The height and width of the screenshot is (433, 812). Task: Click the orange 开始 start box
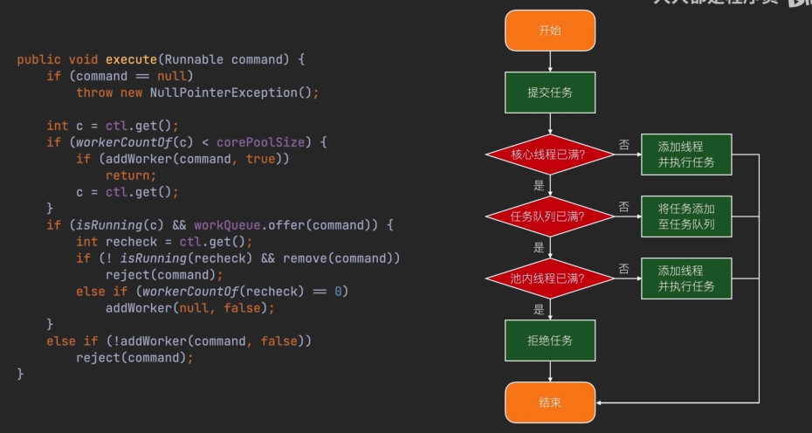click(x=550, y=31)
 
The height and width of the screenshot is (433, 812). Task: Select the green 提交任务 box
click(x=550, y=93)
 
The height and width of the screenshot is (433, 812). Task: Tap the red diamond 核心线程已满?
click(x=550, y=155)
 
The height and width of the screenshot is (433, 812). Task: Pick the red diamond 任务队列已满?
click(x=550, y=216)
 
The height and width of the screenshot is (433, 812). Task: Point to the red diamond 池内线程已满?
click(x=550, y=278)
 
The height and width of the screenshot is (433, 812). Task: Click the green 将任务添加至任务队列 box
click(x=685, y=216)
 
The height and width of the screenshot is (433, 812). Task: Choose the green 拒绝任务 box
click(x=550, y=340)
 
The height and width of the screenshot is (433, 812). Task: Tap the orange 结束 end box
click(x=550, y=402)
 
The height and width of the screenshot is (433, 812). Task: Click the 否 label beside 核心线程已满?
click(x=623, y=145)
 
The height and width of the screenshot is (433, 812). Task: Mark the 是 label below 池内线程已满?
click(x=539, y=309)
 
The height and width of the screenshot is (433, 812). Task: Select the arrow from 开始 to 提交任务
click(x=550, y=61)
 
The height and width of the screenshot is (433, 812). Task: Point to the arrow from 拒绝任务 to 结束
click(x=550, y=372)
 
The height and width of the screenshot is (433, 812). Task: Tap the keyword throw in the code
click(x=94, y=93)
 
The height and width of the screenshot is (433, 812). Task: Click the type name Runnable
click(x=194, y=59)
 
